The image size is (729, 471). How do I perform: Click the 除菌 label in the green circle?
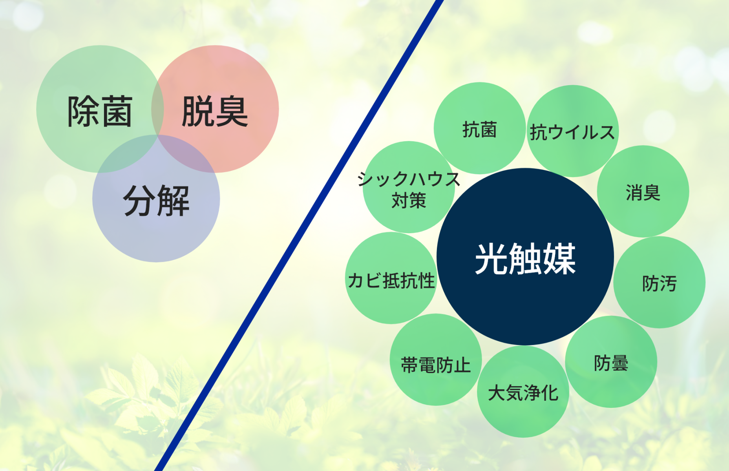click(x=100, y=112)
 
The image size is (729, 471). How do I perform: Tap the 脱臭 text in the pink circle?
click(x=215, y=112)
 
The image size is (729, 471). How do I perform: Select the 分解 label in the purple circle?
click(x=156, y=201)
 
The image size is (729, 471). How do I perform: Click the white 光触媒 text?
click(x=525, y=259)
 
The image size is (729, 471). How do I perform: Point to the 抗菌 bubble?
click(x=479, y=129)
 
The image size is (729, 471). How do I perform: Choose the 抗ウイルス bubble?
click(x=572, y=131)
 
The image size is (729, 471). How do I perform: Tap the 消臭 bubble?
click(x=643, y=192)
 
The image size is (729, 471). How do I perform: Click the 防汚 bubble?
click(x=659, y=283)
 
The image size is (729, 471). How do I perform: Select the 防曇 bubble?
click(x=611, y=363)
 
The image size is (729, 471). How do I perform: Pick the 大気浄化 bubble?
click(x=523, y=392)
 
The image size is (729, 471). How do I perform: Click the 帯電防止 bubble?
click(x=436, y=365)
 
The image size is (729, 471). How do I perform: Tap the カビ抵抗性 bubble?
click(x=391, y=280)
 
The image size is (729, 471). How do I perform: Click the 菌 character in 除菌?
click(x=116, y=112)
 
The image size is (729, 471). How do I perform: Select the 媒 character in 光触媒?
click(x=559, y=259)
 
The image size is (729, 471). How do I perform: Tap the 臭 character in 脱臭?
click(x=232, y=112)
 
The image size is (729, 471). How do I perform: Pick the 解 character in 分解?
click(x=173, y=201)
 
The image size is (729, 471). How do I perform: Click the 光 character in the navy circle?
click(x=491, y=259)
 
